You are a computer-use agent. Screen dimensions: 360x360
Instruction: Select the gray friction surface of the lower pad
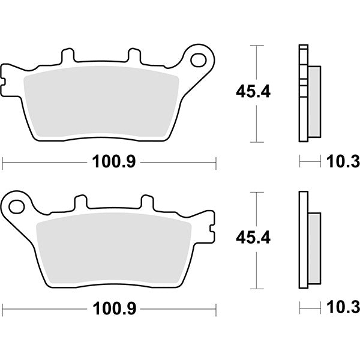point(114,249)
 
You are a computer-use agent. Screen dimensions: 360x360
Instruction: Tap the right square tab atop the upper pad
point(134,56)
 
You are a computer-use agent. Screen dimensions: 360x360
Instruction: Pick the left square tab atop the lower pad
point(81,203)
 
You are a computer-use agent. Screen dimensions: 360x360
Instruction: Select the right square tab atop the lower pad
point(148,203)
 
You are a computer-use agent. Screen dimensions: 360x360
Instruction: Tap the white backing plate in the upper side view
point(302,93)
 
